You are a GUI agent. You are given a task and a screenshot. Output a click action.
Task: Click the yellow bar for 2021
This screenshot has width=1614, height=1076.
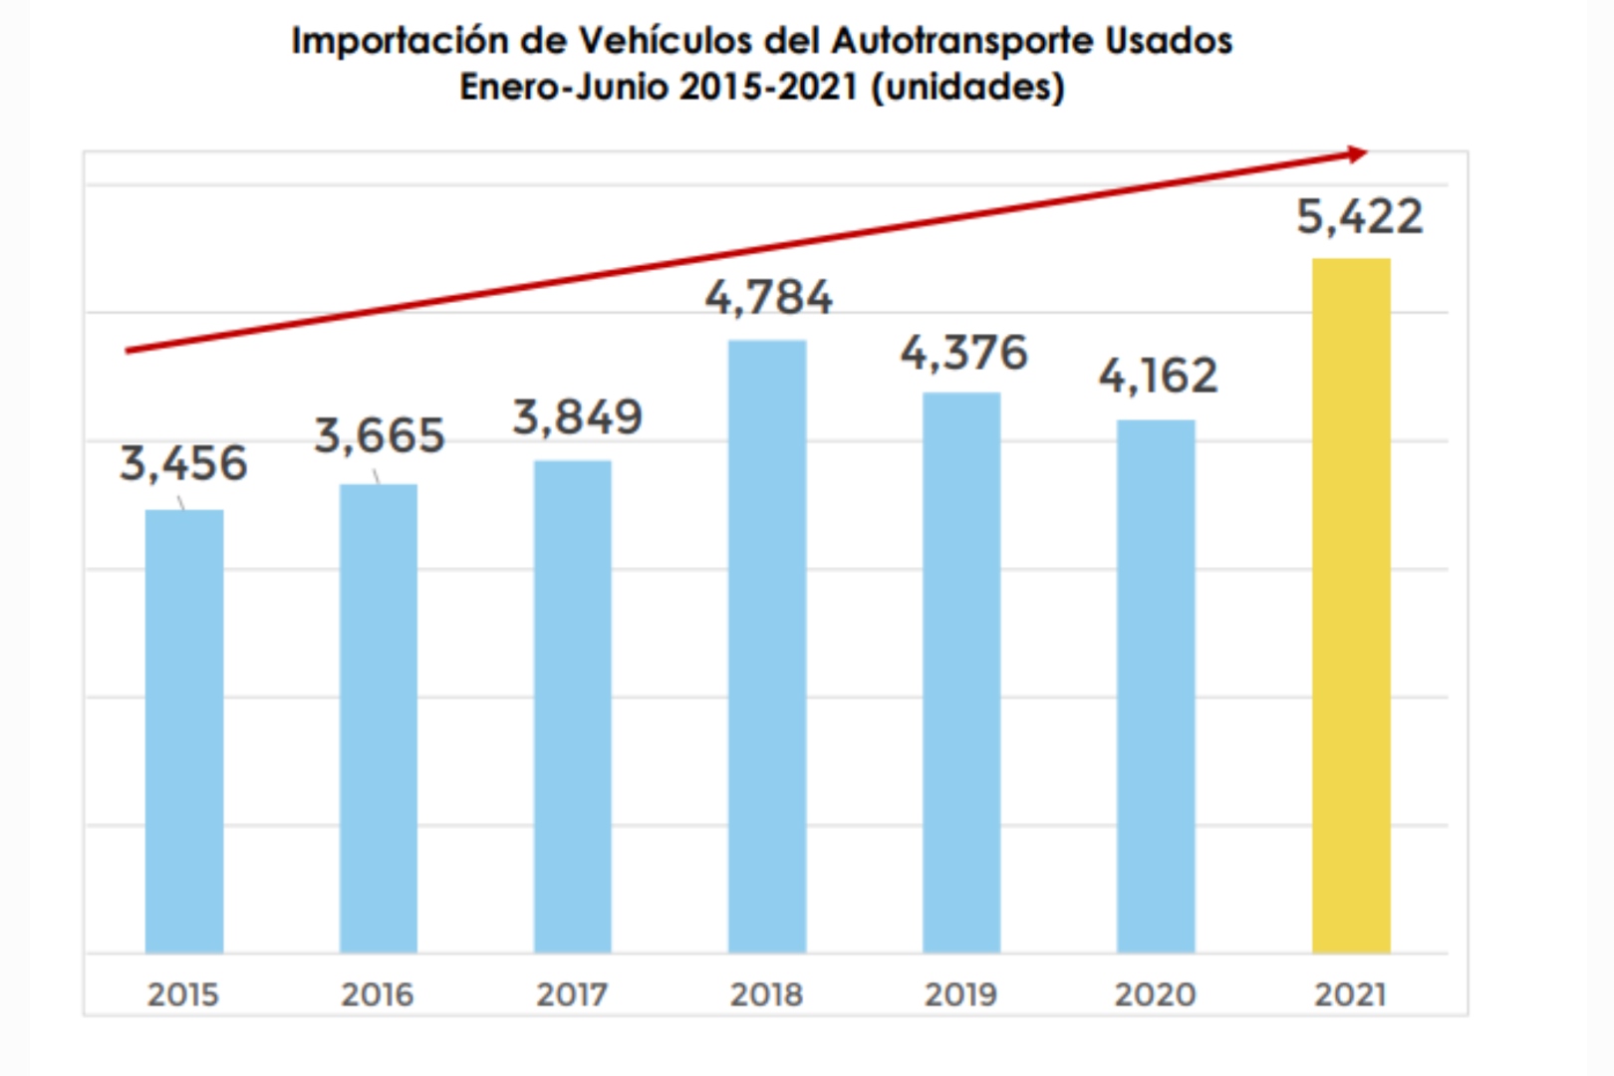[1351, 606]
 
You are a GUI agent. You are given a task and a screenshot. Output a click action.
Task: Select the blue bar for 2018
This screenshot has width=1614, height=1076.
[767, 648]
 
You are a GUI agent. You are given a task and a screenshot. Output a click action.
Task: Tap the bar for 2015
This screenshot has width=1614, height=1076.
[184, 732]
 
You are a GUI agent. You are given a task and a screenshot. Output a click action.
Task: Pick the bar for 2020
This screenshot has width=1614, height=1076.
[1156, 687]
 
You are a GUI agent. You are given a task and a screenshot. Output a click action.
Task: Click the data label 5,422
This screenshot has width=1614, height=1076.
[1360, 217]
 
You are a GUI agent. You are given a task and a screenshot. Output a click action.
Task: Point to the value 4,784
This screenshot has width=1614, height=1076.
[768, 298]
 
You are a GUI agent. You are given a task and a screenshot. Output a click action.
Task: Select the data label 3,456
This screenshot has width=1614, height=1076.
[183, 464]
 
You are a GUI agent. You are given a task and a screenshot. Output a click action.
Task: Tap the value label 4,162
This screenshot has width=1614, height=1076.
[1158, 377]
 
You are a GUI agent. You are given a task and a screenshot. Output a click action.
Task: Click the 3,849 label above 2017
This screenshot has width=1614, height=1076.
[577, 417]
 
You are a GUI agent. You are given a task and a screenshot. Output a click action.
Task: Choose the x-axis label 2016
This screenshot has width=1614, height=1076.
[378, 994]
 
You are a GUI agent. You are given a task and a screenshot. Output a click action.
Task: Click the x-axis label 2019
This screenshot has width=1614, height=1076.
[960, 994]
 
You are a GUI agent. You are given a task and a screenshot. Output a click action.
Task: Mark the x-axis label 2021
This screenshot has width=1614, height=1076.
[1350, 994]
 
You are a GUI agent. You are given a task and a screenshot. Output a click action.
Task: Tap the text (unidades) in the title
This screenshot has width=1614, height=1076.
[967, 88]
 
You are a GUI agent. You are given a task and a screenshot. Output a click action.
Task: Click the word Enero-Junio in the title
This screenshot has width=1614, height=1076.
[564, 88]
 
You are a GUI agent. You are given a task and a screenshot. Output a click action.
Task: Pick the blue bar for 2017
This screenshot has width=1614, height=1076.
[573, 707]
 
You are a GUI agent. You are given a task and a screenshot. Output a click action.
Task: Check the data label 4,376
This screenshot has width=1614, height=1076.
[963, 354]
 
